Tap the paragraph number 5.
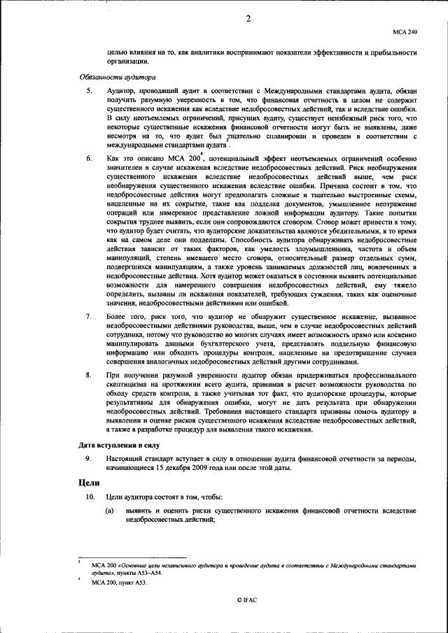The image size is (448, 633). [88, 92]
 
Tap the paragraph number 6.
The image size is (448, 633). [88, 160]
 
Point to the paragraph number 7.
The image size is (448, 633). [88, 317]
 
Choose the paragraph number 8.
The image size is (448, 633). [88, 375]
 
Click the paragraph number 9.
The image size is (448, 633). [88, 457]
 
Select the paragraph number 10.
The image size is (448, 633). [90, 497]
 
